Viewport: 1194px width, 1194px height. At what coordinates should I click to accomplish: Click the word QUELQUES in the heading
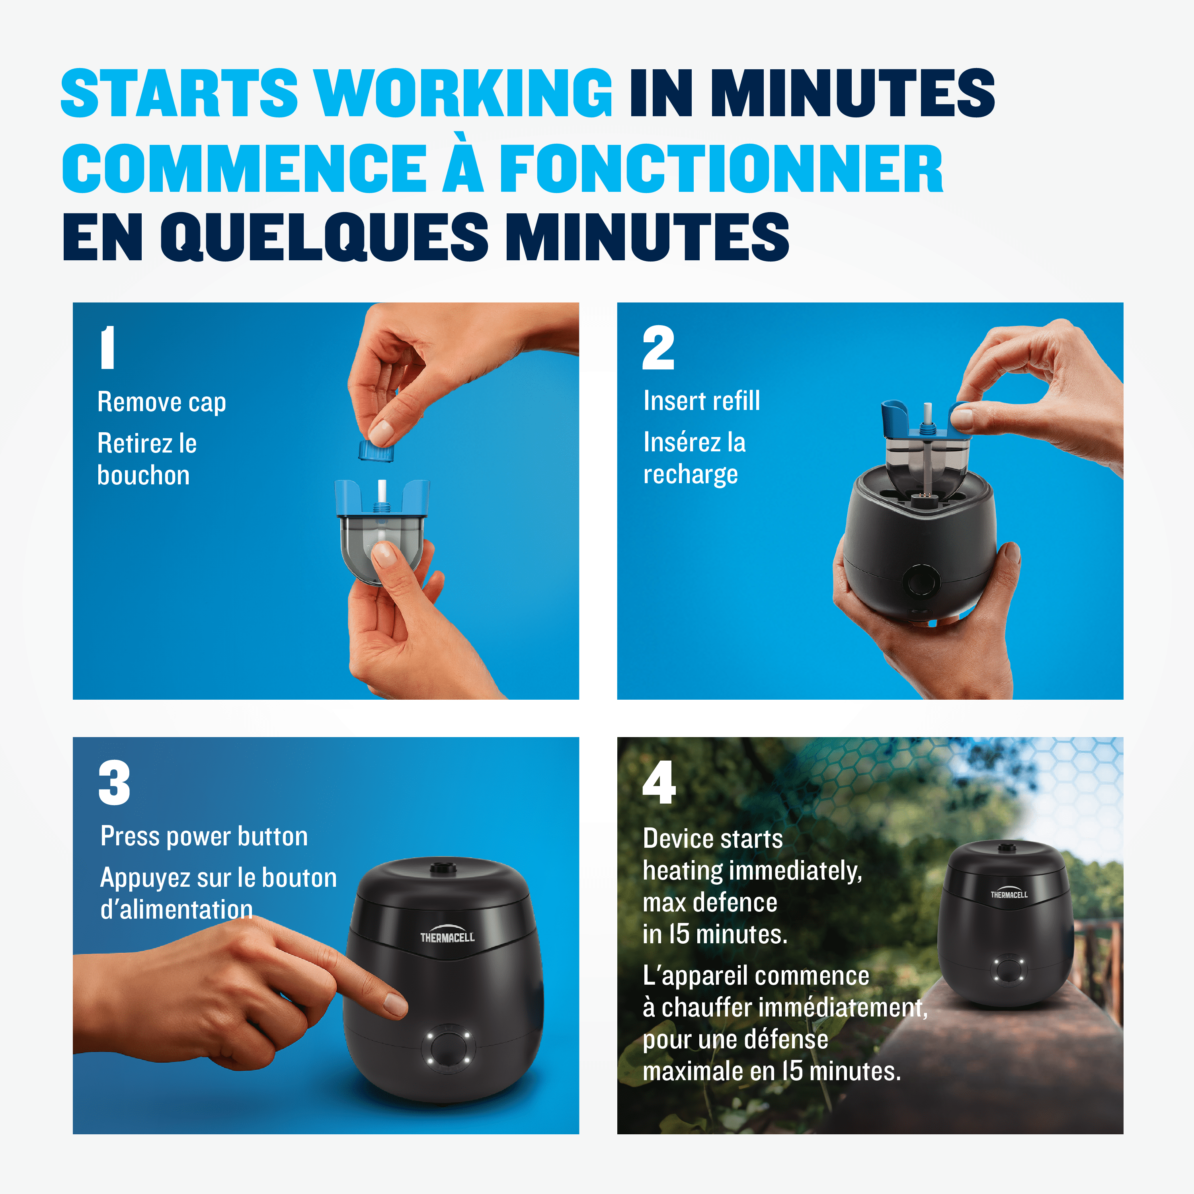pyautogui.click(x=324, y=237)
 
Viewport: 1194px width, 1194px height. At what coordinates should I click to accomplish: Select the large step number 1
pyautogui.click(x=107, y=348)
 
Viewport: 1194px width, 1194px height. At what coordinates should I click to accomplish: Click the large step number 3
pyautogui.click(x=114, y=783)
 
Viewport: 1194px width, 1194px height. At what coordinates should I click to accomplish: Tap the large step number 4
pyautogui.click(x=659, y=782)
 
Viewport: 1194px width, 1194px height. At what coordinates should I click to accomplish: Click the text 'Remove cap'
pyautogui.click(x=162, y=402)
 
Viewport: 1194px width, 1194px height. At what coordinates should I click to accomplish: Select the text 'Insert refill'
pyautogui.click(x=701, y=401)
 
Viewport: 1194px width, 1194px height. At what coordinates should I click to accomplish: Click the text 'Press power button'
pyautogui.click(x=204, y=837)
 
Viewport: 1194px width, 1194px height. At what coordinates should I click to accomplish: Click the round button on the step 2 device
pyautogui.click(x=921, y=581)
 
